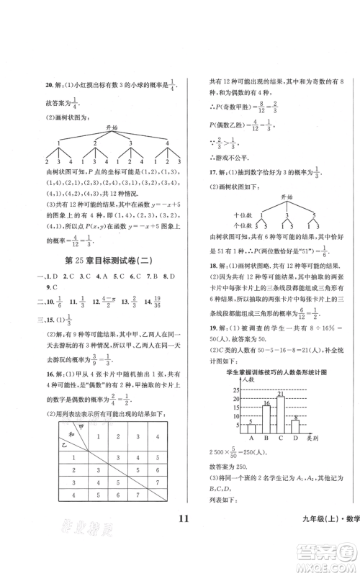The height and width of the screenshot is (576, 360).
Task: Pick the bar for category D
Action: [295, 425]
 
